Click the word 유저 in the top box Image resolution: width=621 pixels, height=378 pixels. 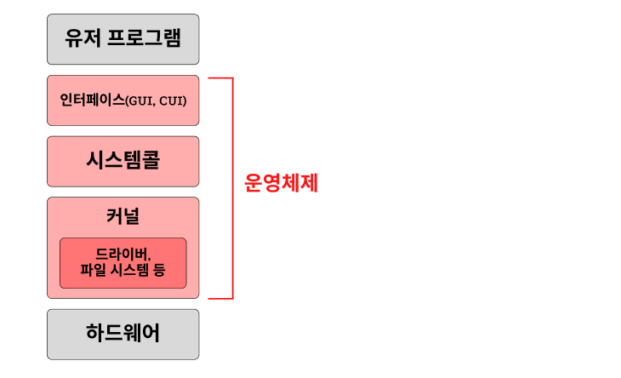pos(82,39)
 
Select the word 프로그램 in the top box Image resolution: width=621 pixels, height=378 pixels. pos(144,39)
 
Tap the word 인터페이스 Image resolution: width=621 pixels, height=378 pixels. pos(92,100)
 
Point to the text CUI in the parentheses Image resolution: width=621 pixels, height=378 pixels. pos(172,101)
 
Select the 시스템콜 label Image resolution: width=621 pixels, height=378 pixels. pos(123,161)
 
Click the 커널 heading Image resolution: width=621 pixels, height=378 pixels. pos(123,216)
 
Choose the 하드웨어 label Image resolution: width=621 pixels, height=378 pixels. pos(123,334)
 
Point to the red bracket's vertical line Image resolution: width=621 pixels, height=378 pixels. pos(231,188)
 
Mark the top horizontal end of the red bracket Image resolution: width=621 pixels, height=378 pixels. pos(220,78)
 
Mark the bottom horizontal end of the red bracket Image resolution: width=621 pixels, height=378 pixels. pos(220,299)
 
